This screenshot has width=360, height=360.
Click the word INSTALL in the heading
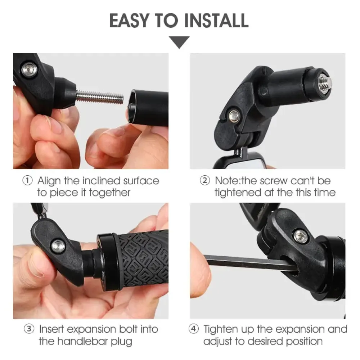tap(216, 21)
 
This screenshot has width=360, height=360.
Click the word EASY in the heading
tap(130, 21)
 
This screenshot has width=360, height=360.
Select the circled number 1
tap(27, 181)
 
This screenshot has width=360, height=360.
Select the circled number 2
tap(205, 181)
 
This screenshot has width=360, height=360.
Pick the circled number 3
tap(29, 329)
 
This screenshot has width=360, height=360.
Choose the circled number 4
tap(193, 329)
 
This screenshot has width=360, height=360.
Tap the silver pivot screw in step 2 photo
tap(234, 115)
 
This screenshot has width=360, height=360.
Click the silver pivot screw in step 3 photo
tap(58, 246)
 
